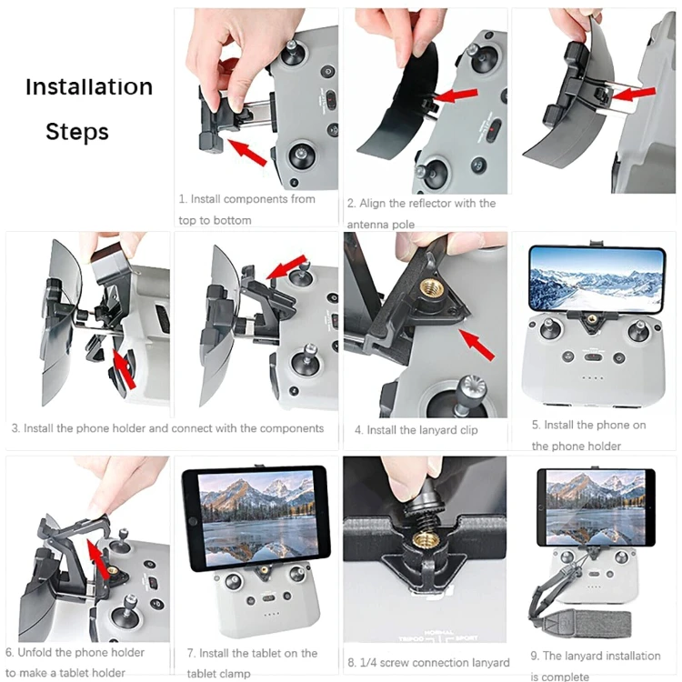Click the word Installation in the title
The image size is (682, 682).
pyautogui.click(x=89, y=86)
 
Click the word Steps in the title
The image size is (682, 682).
pyautogui.click(x=77, y=132)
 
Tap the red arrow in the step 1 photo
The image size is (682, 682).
pyautogui.click(x=246, y=152)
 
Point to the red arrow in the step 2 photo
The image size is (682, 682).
pyautogui.click(x=455, y=95)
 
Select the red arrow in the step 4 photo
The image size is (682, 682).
pyautogui.click(x=476, y=345)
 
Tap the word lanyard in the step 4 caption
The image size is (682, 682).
pyautogui.click(x=436, y=430)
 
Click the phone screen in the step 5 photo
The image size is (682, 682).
pyautogui.click(x=597, y=280)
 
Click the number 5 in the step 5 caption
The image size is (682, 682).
pyautogui.click(x=535, y=425)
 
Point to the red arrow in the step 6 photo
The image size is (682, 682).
pyautogui.click(x=98, y=559)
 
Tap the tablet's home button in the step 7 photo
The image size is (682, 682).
pyautogui.click(x=192, y=521)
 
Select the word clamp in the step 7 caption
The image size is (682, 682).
pyautogui.click(x=233, y=674)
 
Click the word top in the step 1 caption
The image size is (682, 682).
pyautogui.click(x=187, y=221)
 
